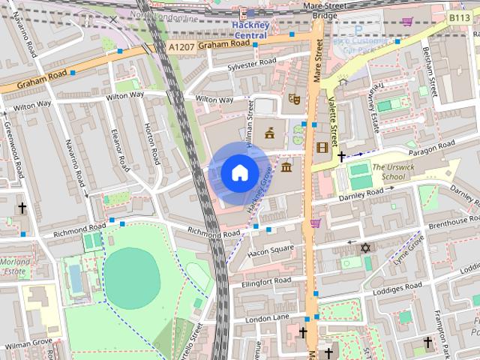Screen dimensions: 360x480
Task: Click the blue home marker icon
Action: pos(238,172)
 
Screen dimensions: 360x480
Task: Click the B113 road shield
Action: pos(458,16)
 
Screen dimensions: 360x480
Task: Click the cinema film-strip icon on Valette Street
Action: pos(322,148)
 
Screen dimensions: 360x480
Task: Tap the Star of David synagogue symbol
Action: pos(367,247)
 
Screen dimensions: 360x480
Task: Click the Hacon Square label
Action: pos(271,249)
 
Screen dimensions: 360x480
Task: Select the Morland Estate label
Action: pos(15,266)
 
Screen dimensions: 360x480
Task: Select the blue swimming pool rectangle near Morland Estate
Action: pos(76,279)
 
